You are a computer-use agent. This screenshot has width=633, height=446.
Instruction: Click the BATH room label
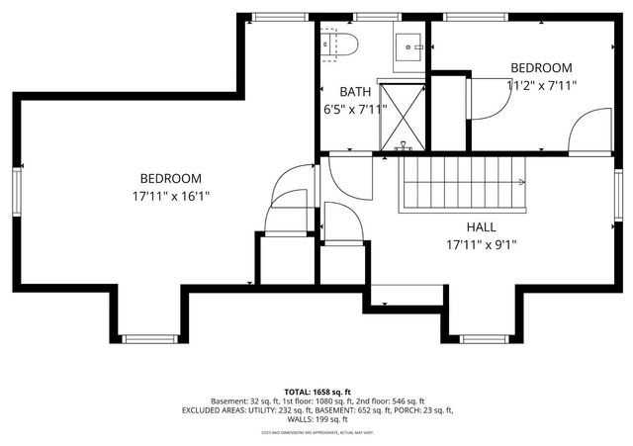[x=355, y=92]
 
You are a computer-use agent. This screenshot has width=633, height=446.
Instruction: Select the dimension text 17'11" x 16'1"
[x=170, y=196]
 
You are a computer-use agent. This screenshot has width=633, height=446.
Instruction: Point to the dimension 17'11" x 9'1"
[x=482, y=244]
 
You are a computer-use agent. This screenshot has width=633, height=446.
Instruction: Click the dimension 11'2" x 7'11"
[x=542, y=85]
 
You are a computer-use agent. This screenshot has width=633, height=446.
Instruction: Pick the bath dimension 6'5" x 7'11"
[x=354, y=110]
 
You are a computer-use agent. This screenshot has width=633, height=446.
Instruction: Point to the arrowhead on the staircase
[x=524, y=182]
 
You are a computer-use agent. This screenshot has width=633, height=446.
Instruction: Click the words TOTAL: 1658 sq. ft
[x=316, y=391]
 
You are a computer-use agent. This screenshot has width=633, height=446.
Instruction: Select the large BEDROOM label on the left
[x=170, y=178]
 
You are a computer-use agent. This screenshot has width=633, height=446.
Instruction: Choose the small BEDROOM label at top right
[x=542, y=67]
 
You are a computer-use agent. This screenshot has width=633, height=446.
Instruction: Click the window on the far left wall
[x=17, y=189]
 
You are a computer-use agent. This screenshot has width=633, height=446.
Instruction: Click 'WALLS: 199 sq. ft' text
[x=316, y=419]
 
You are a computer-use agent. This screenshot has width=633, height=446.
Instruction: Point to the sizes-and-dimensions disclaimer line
[x=316, y=432]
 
